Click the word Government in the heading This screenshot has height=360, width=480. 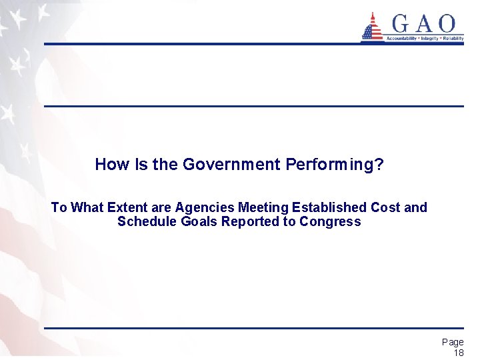229,165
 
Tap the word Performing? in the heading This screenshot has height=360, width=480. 334,165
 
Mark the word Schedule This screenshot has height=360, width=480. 145,221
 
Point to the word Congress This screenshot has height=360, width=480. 330,221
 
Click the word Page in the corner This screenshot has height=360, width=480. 453,342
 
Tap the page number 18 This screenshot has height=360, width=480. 458,353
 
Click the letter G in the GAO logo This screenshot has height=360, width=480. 402,25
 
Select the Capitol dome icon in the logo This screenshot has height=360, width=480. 372,27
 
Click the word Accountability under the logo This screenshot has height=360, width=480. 402,39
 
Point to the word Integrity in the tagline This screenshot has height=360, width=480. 430,39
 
